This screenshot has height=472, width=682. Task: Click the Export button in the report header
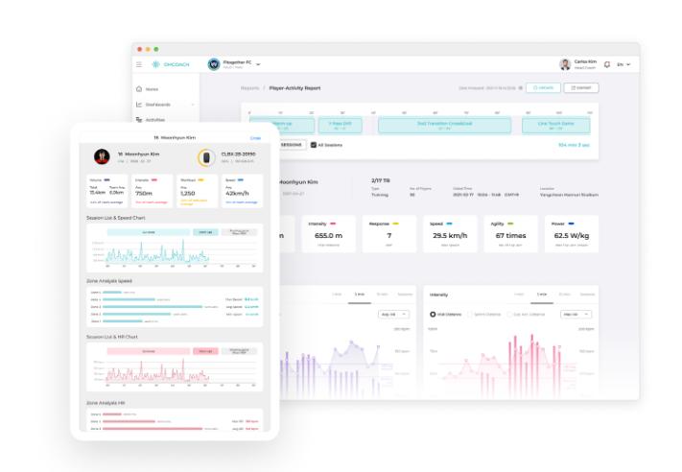coord(579,87)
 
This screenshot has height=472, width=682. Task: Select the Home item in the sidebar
coord(151,89)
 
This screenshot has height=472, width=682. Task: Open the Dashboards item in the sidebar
coord(158,105)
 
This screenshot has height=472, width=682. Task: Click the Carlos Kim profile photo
coord(565,64)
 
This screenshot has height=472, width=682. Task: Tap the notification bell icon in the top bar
coord(606,64)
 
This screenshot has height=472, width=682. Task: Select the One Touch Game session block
coord(555,125)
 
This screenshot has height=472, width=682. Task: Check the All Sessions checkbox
coord(315,145)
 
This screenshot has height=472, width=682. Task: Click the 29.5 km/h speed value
coord(449,235)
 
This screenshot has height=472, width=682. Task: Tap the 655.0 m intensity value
coord(328,235)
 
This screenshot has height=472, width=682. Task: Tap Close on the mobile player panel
coord(255,138)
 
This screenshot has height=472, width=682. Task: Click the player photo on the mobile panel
coord(101,156)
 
